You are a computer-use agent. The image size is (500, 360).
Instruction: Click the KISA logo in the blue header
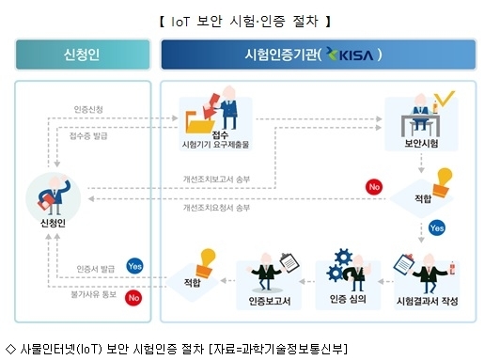pos(350,55)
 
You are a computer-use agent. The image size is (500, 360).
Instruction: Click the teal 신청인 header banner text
pos(82,55)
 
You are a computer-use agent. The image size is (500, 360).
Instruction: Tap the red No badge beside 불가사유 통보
pos(133,298)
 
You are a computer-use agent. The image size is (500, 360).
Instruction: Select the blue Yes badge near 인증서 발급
pos(134,266)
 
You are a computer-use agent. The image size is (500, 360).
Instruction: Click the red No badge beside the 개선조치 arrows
pos(374,187)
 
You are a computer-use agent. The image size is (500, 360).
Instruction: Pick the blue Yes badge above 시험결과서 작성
pos(436,228)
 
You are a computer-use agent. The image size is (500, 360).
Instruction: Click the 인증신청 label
pos(88,110)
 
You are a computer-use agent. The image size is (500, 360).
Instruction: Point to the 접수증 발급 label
pos(88,136)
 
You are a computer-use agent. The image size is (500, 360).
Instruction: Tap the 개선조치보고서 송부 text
pos(216,180)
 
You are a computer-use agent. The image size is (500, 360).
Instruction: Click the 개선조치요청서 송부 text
pos(216,208)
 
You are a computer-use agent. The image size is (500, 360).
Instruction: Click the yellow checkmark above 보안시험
pos(445,98)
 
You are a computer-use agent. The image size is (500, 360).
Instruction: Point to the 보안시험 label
pos(421,143)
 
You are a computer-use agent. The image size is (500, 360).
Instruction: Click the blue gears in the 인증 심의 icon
pos(338,265)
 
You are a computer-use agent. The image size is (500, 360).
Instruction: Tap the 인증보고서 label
pos(270,301)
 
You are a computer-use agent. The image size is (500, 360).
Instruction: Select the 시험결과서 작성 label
pos(427,301)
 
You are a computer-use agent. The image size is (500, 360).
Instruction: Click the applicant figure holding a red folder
pos(54,195)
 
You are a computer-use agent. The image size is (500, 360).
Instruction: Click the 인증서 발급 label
pos(95,269)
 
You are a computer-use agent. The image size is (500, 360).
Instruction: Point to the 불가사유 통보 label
pos(93,294)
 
